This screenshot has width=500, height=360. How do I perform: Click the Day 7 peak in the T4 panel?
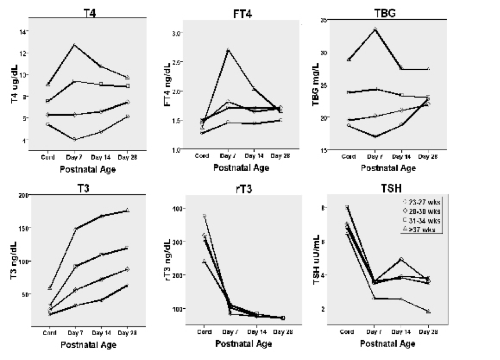point(73,44)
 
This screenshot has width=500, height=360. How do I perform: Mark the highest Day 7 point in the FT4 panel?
point(228,49)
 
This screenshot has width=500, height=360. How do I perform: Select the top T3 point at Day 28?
point(127,211)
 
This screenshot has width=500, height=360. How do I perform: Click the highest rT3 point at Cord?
point(204,216)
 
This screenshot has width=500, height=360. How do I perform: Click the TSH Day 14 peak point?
point(401,259)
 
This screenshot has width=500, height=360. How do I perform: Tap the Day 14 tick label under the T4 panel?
point(100,156)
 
